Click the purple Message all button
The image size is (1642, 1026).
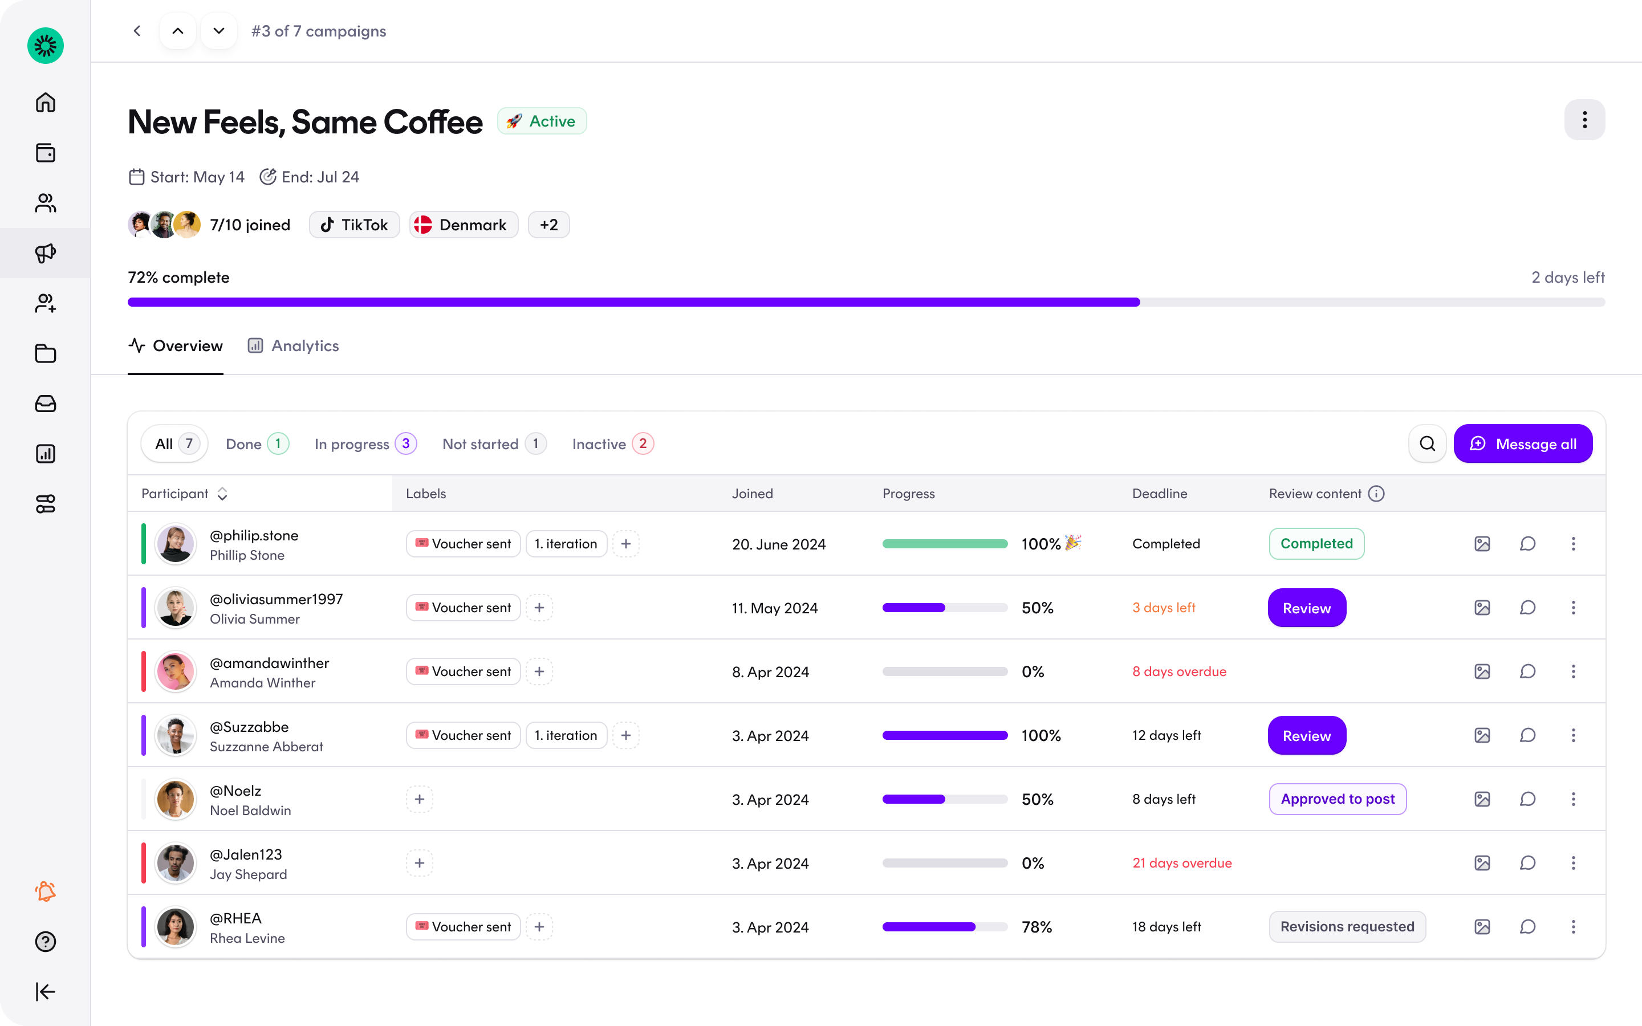[1523, 444]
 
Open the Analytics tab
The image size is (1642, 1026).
[293, 346]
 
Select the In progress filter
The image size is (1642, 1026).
[365, 444]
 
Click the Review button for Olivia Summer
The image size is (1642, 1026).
[1307, 608]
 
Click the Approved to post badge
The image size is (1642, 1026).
[1338, 799]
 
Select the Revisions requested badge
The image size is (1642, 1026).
[1347, 927]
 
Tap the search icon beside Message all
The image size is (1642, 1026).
[1428, 444]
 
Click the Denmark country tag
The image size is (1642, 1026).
[464, 225]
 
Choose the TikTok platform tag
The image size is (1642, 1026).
[354, 225]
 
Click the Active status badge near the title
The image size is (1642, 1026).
[542, 121]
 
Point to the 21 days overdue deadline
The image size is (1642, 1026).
[1182, 863]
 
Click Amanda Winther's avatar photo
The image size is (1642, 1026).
[175, 672]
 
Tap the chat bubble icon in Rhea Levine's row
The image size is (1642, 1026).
[1527, 927]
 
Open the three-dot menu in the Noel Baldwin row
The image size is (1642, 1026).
[1574, 799]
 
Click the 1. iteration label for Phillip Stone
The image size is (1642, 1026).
[566, 544]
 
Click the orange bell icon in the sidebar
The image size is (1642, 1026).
[46, 891]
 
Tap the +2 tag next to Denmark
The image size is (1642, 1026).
[549, 225]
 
